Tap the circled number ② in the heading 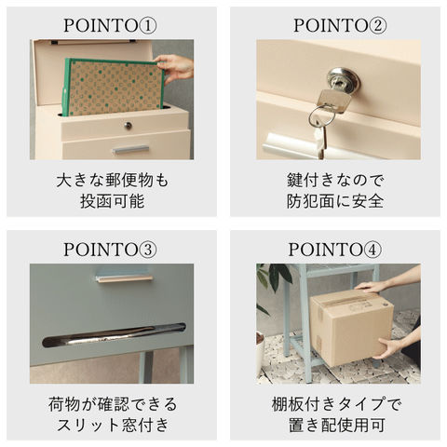377,26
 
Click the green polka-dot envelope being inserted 114,88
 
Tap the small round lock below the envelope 128,126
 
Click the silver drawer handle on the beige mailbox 130,150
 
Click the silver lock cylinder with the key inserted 343,80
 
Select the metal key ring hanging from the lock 322,117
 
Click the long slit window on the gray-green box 114,335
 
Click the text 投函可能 113,201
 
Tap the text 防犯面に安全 335,201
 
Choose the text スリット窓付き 113,425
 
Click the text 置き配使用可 337,425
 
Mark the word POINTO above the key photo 331,26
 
